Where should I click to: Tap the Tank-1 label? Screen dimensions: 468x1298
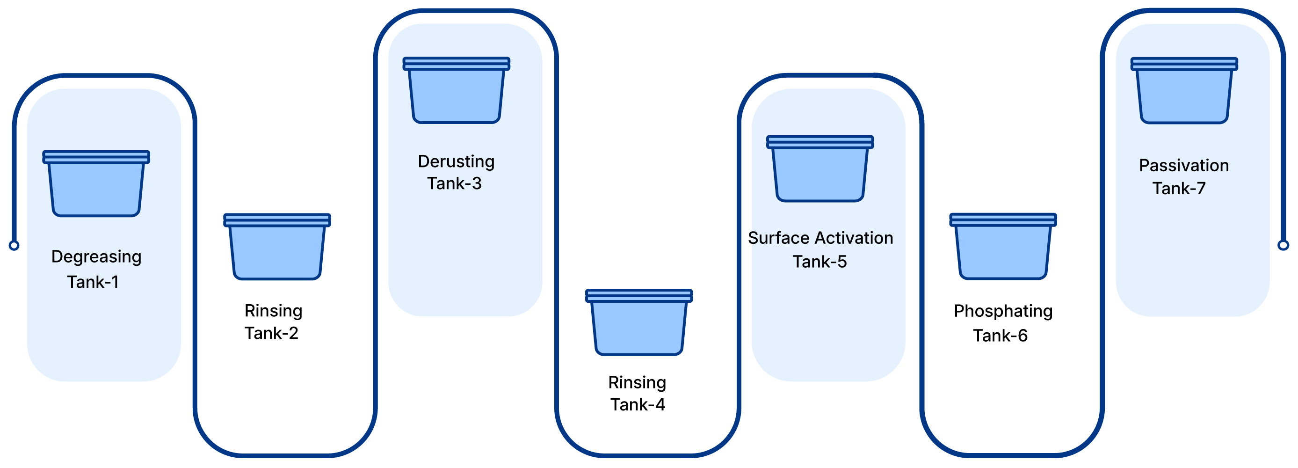tap(93, 282)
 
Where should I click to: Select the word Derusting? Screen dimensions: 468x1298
tap(456, 161)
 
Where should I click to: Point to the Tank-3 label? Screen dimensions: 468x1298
tap(454, 183)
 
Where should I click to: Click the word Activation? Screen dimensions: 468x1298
tap(854, 238)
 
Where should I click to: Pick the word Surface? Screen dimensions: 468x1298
tap(779, 238)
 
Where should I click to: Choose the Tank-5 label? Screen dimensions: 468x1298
tap(819, 262)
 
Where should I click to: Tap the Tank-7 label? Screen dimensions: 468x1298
tap(1179, 189)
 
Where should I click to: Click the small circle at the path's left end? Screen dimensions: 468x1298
tap(14, 246)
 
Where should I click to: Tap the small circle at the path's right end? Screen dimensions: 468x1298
tap(1283, 246)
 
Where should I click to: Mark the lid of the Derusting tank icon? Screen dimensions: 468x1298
tap(456, 64)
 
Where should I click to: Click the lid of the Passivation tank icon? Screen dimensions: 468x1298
tap(1184, 64)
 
